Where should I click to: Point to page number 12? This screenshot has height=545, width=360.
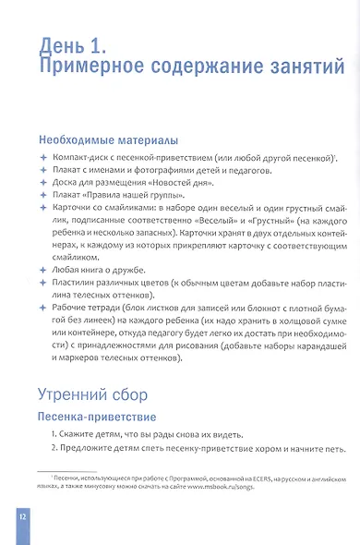pos(22,515)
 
